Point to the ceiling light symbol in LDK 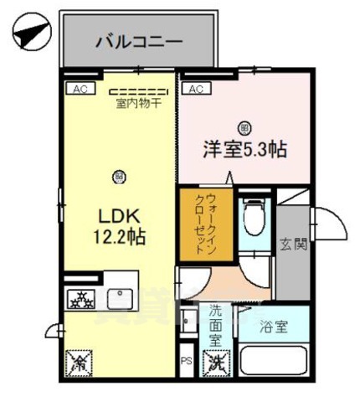[119, 176]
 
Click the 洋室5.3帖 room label [244, 150]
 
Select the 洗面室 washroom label [216, 322]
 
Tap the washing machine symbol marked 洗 [216, 363]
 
